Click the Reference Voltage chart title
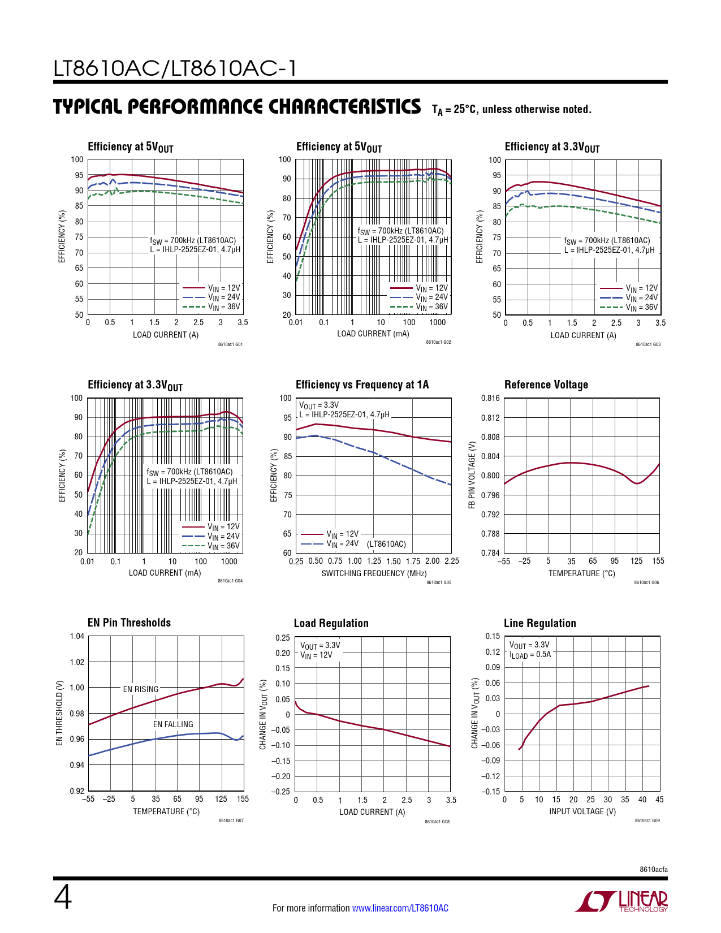click(546, 385)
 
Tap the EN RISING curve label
click(141, 689)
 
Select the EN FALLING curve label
click(173, 724)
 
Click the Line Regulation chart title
click(540, 623)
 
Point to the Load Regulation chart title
click(331, 623)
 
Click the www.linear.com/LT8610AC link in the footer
click(400, 908)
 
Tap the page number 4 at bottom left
click(63, 898)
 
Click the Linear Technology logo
click(621, 901)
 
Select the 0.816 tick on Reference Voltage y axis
click(490, 398)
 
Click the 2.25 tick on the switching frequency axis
click(452, 561)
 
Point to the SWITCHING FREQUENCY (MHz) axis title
click(374, 573)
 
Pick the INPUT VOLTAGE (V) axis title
click(582, 811)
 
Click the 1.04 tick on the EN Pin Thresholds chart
click(77, 636)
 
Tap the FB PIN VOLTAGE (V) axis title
click(472, 475)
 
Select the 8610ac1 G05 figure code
click(438, 582)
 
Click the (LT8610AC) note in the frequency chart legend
click(386, 544)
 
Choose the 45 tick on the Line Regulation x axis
click(659, 800)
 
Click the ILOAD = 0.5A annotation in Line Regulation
click(530, 655)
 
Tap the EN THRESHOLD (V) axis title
click(59, 712)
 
